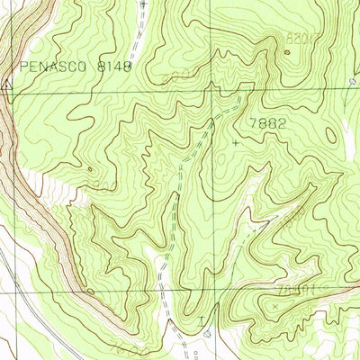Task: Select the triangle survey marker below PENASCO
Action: (x=8, y=85)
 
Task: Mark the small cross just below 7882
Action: (x=237, y=142)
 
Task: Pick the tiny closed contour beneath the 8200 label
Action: (x=288, y=51)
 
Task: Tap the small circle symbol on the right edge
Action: (x=352, y=81)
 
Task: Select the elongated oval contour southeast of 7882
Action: (x=330, y=135)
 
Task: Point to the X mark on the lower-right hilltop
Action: (x=274, y=306)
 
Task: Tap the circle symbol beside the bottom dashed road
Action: (x=208, y=331)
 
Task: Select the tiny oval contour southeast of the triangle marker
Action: (x=89, y=169)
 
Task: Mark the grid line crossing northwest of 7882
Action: (x=214, y=90)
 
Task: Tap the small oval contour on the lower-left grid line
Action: (x=91, y=292)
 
